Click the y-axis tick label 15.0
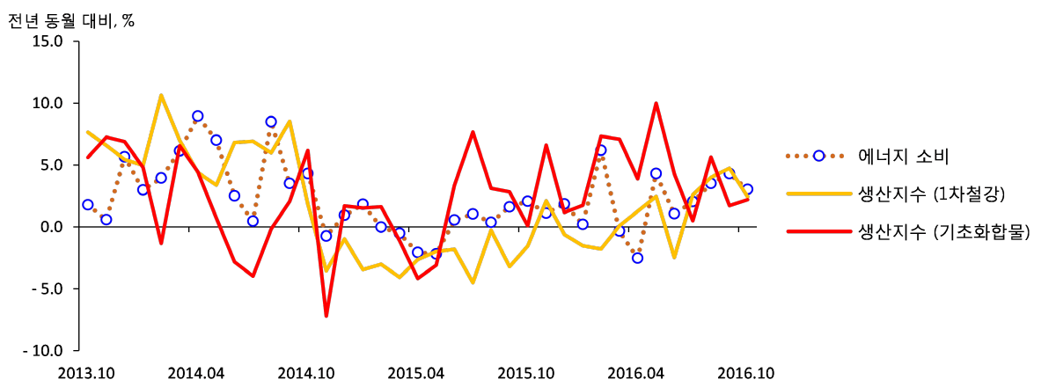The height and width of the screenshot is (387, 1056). click(48, 41)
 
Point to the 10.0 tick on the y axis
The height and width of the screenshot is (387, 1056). click(48, 103)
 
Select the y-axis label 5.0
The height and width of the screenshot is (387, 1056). click(51, 165)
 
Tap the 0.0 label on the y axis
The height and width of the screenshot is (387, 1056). click(51, 227)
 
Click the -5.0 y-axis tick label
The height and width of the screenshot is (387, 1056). click(48, 288)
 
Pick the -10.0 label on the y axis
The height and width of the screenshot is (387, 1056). click(43, 350)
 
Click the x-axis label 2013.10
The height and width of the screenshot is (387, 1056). click(86, 373)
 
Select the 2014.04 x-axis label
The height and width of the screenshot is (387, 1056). click(196, 373)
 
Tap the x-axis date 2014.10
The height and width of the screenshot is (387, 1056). click(306, 373)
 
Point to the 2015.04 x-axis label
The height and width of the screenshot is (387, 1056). click(415, 373)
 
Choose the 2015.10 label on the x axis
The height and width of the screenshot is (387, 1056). click(526, 373)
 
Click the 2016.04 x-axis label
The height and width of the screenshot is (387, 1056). click(635, 373)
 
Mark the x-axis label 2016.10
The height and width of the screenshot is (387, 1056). click(746, 373)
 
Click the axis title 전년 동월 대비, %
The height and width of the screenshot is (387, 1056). click(71, 20)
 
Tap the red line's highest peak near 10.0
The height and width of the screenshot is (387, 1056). click(656, 103)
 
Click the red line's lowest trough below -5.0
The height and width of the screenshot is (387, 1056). click(326, 316)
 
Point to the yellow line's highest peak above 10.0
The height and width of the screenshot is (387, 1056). click(161, 95)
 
